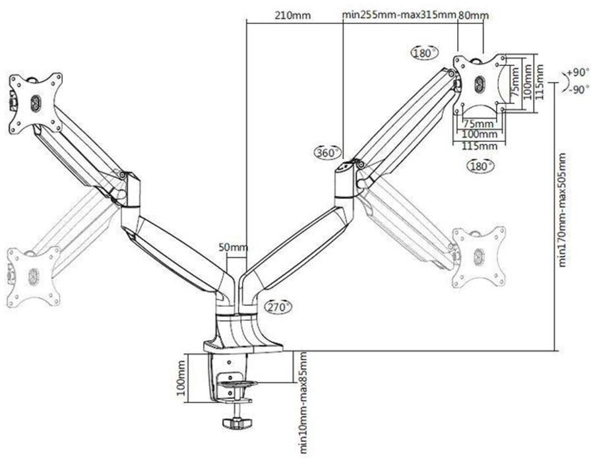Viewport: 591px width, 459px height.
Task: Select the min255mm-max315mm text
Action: (x=399, y=15)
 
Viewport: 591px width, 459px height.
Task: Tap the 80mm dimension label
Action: (x=474, y=15)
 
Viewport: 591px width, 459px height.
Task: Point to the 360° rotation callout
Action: (x=328, y=152)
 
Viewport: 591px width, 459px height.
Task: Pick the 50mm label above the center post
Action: (x=233, y=248)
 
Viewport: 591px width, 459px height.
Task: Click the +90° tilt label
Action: (x=578, y=73)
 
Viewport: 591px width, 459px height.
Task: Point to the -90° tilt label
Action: (x=578, y=90)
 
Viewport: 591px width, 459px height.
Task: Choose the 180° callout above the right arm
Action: (x=424, y=53)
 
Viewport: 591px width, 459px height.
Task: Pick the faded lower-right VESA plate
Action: (x=479, y=257)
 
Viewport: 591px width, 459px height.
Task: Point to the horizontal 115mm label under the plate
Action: (x=480, y=146)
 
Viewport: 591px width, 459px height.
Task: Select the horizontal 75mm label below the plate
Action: (x=478, y=123)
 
